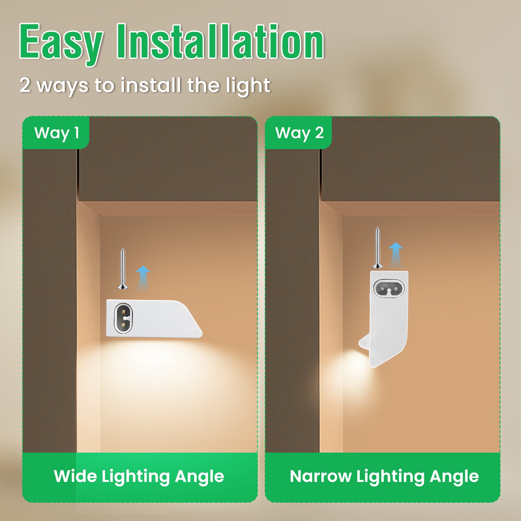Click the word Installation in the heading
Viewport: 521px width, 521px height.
220,41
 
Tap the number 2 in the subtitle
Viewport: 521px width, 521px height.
25,85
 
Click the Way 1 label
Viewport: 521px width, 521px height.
57,133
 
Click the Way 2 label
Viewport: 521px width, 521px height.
300,133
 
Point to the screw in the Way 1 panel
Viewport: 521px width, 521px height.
122,268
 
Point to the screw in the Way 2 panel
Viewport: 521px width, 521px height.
377,247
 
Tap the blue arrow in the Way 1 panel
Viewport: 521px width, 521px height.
143,278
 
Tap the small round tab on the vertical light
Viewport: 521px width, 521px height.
364,343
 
